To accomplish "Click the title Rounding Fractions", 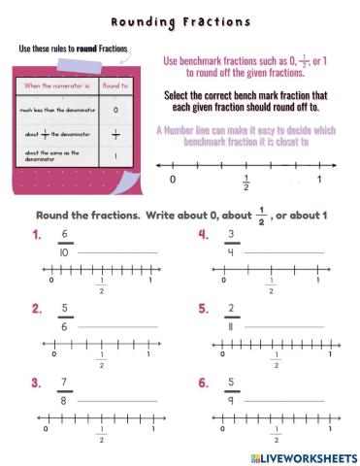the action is tap(180, 21).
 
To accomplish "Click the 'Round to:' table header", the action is tap(115, 84).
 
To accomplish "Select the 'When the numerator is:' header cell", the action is tap(55, 84).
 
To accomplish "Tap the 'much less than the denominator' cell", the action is tap(55, 109).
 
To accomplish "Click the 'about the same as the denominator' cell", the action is tap(55, 154).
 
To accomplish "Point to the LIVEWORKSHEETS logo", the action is tap(303, 456).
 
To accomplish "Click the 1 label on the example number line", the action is tap(319, 180).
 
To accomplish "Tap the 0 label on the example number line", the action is tap(173, 180).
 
